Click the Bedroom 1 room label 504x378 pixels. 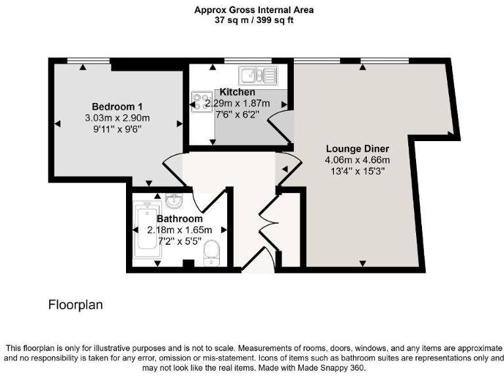(117, 106)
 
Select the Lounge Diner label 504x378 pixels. (357, 148)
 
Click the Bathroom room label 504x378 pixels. (179, 219)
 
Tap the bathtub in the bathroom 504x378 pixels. (142, 230)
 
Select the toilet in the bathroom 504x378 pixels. (211, 253)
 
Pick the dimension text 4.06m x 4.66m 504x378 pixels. (357, 159)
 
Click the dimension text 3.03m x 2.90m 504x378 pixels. (117, 118)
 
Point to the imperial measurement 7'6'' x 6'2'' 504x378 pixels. (237, 114)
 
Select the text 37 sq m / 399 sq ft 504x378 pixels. (254, 20)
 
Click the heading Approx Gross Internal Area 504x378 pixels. (254, 10)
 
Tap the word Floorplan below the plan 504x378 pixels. (75, 305)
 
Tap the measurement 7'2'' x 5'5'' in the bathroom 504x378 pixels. (179, 241)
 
